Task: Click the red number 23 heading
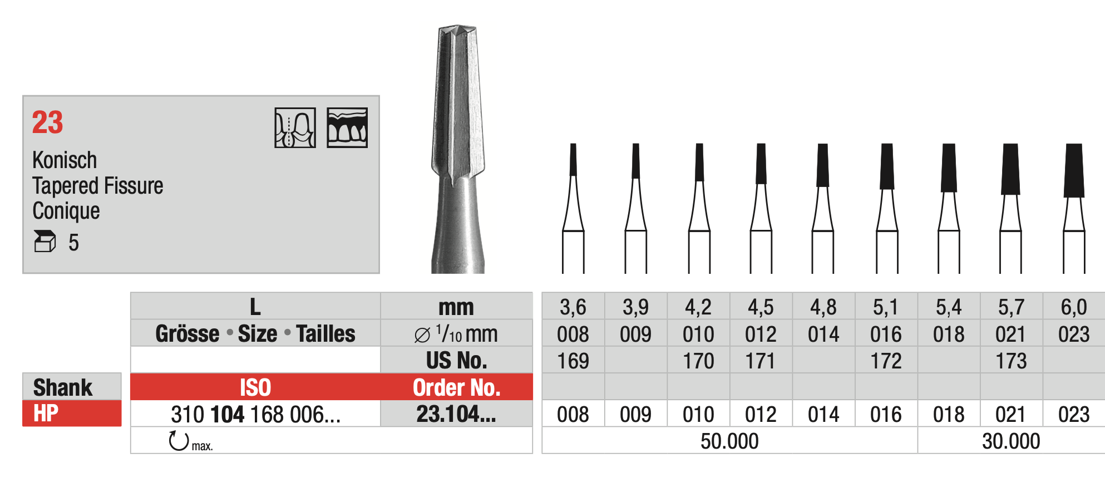pyautogui.click(x=47, y=122)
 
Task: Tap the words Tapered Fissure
pyautogui.click(x=97, y=186)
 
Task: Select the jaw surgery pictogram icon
pyautogui.click(x=295, y=128)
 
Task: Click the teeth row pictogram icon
pyautogui.click(x=347, y=128)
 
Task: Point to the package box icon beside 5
pyautogui.click(x=45, y=242)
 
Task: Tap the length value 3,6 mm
pyautogui.click(x=573, y=307)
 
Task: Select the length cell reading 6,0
pyautogui.click(x=1073, y=307)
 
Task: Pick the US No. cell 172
pyautogui.click(x=886, y=361)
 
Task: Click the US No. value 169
pyautogui.click(x=573, y=361)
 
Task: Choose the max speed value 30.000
pyautogui.click(x=1010, y=441)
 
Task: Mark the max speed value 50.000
pyautogui.click(x=729, y=441)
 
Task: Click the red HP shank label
pyautogui.click(x=71, y=414)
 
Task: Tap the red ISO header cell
pyautogui.click(x=255, y=387)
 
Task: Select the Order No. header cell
pyautogui.click(x=456, y=387)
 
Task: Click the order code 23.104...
pyautogui.click(x=456, y=414)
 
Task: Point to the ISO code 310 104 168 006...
pyautogui.click(x=255, y=414)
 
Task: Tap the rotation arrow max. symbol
pyautogui.click(x=179, y=441)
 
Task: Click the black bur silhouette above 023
pyautogui.click(x=1074, y=170)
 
